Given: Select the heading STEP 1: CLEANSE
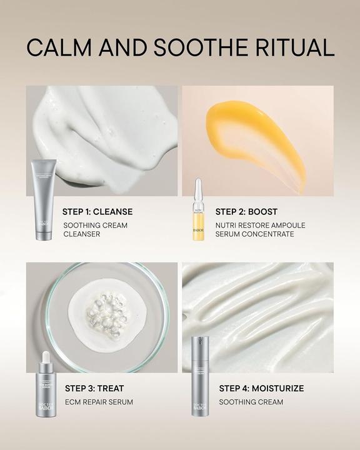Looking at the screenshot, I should (x=97, y=212).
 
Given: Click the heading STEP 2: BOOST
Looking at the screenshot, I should (x=246, y=212).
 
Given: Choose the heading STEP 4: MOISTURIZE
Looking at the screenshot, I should (x=261, y=388).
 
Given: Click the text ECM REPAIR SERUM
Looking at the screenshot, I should (x=98, y=402).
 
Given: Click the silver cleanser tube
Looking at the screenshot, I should (x=43, y=200).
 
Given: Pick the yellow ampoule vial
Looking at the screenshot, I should (x=198, y=216).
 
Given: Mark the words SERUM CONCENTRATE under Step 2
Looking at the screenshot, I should (x=254, y=234).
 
